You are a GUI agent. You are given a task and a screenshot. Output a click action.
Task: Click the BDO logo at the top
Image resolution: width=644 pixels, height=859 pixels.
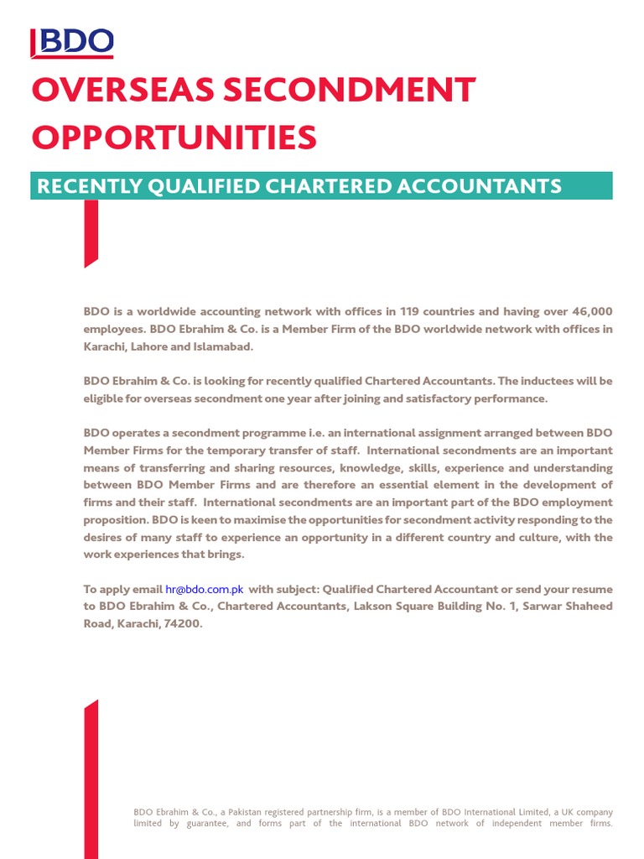point(72,43)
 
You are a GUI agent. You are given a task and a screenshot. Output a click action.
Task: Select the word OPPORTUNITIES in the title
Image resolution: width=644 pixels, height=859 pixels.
point(174,137)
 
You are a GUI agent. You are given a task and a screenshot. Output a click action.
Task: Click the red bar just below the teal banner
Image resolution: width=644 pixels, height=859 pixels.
point(91,232)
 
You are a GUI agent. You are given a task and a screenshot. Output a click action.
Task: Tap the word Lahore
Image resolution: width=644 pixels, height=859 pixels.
point(154,346)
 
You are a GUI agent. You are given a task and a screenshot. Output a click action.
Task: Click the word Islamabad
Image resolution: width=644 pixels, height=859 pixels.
point(222,346)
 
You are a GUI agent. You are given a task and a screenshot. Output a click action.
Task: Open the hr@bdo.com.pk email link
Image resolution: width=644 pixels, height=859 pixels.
point(204,589)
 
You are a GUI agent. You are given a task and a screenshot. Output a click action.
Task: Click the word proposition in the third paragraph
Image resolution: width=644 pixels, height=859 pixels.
point(114,520)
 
